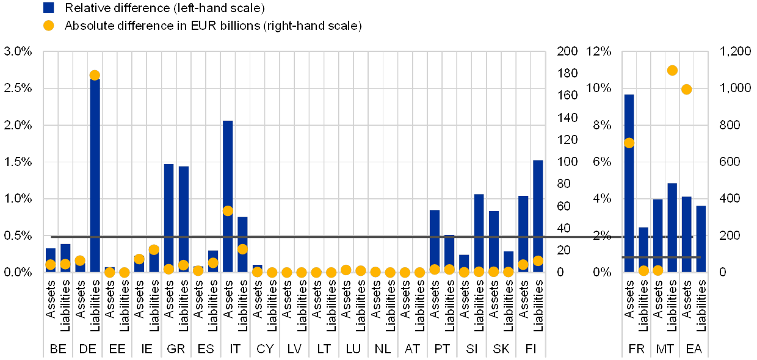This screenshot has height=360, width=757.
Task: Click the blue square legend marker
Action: coord(49,7)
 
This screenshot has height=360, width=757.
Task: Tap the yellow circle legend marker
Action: coord(49,26)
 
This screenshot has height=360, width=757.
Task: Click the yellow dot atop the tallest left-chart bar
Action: coord(95,75)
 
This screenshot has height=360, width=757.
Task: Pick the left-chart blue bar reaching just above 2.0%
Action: coord(228,195)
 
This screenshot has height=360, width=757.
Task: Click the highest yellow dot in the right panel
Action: coord(672,70)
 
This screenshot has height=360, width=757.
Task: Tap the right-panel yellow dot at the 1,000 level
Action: coord(686,89)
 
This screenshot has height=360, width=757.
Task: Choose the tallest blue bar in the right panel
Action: coord(629,183)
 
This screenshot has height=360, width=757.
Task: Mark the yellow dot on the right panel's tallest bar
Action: coord(629,143)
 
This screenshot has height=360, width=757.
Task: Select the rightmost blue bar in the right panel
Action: coord(701,239)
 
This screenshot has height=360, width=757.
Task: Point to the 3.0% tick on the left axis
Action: coord(18,51)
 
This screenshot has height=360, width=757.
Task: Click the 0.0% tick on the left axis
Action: coord(18,272)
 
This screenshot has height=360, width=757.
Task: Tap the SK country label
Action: coord(501,349)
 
